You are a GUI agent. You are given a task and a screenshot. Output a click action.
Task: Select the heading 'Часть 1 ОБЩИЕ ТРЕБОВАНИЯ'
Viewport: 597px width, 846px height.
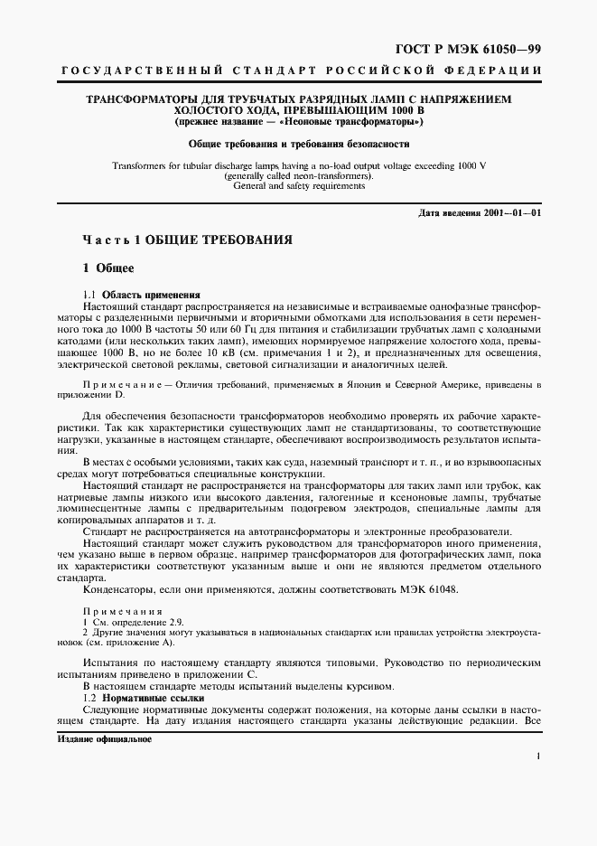(x=188, y=241)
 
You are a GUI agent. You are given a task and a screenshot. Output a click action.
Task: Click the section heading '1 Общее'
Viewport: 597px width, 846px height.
(x=108, y=268)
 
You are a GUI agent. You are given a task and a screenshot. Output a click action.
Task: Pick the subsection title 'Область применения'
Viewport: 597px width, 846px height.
(x=151, y=295)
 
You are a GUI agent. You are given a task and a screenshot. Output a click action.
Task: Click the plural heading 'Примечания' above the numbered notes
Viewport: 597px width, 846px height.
(x=118, y=613)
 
